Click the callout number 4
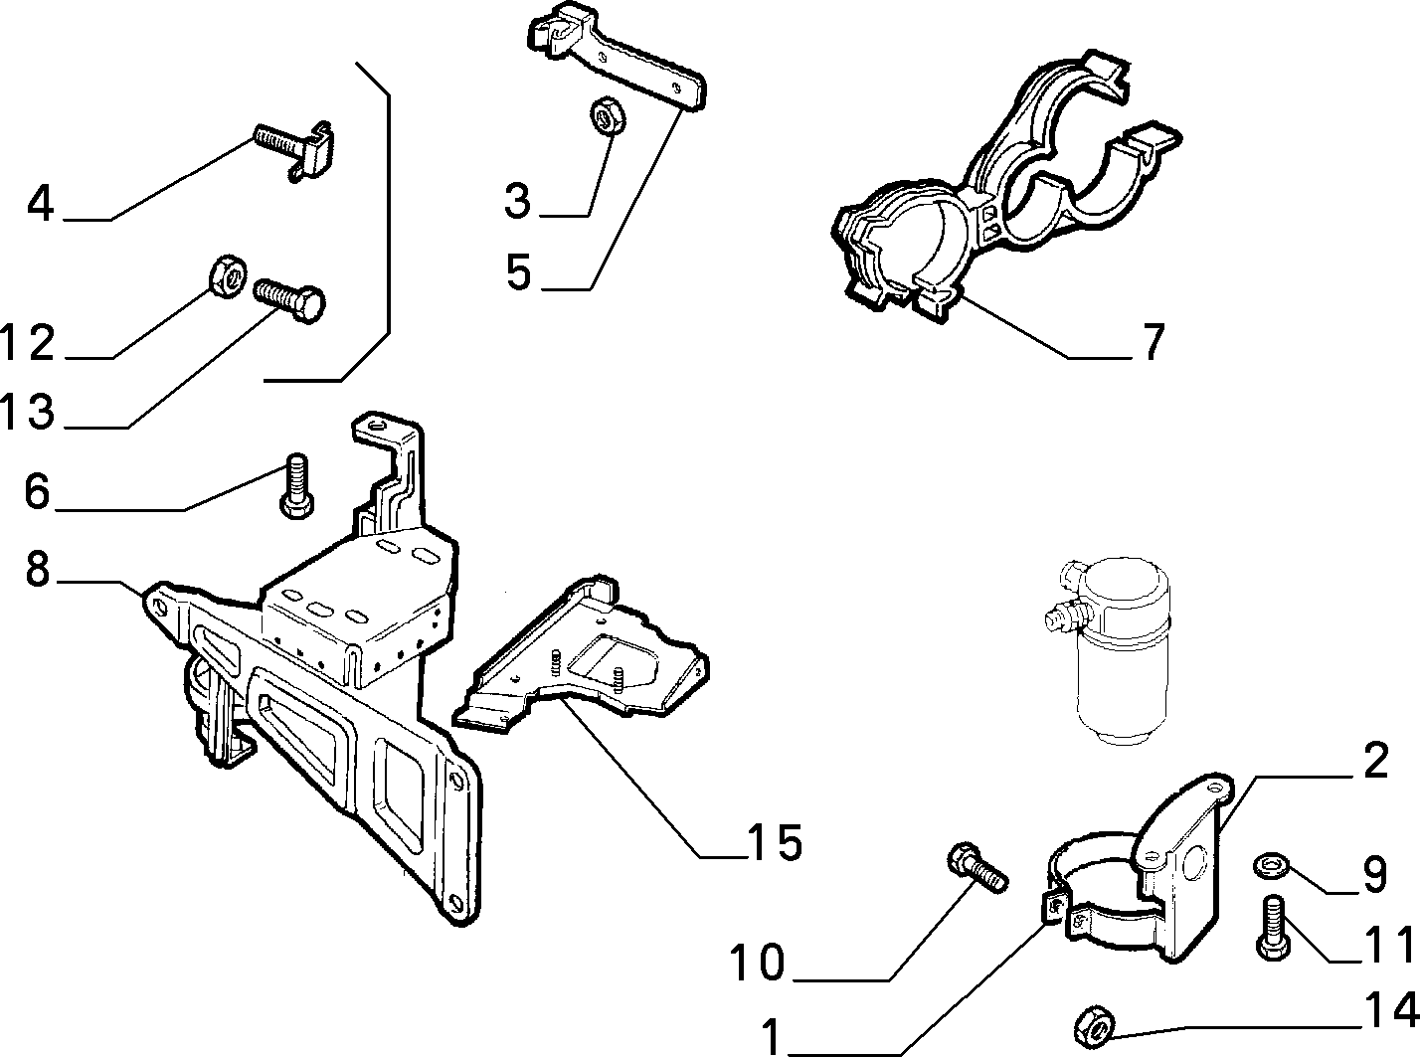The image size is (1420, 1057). click(x=41, y=205)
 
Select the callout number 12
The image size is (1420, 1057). click(x=28, y=342)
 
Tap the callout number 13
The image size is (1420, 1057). click(x=28, y=411)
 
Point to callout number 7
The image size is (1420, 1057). click(x=1154, y=342)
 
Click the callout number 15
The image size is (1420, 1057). click(x=775, y=842)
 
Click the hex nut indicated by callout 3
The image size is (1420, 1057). click(x=607, y=115)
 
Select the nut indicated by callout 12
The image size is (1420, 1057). click(x=227, y=276)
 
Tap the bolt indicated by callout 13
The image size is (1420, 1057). click(x=290, y=300)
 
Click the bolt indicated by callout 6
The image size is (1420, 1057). click(x=295, y=485)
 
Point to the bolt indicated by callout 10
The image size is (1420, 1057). click(x=976, y=869)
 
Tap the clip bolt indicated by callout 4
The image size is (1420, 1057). click(x=293, y=150)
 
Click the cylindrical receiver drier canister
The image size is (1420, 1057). click(x=1108, y=651)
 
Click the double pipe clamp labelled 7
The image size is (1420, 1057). click(x=1005, y=186)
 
